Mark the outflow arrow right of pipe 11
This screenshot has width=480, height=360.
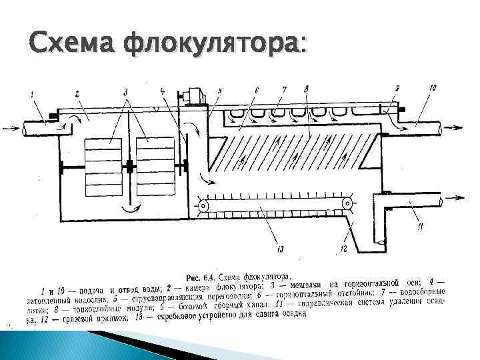(464, 197)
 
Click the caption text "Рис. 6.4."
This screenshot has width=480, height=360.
(200, 277)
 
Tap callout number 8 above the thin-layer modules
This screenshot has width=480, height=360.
(305, 89)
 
